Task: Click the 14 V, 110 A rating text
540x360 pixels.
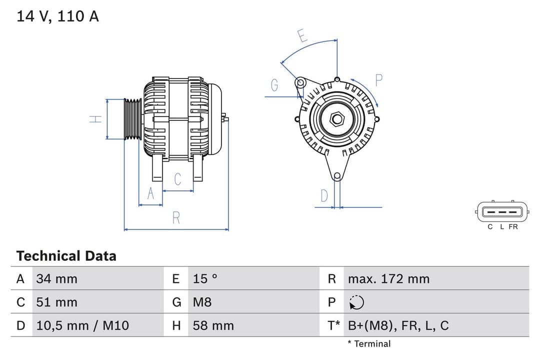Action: coord(58,16)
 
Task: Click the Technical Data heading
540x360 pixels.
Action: coord(66,256)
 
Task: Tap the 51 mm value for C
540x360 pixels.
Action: coord(56,302)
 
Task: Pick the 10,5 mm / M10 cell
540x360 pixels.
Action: coord(82,326)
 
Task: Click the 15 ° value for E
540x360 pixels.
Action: coord(205,279)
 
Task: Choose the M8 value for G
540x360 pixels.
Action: coord(202,302)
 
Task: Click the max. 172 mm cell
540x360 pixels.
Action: coord(388,279)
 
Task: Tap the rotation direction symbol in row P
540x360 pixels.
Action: coord(356,302)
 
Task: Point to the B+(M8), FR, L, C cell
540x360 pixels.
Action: coord(398,326)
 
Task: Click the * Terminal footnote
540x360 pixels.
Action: coord(369,344)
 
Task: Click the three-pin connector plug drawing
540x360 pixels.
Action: coord(502,212)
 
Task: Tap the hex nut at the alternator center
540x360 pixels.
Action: coord(337,119)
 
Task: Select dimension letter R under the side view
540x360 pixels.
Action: coord(176,218)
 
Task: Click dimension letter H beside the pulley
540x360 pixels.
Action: coord(96,119)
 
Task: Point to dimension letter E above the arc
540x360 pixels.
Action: coord(301,36)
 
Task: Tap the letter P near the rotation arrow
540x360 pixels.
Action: coord(378,80)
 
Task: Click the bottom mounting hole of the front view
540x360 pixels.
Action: coord(337,176)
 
